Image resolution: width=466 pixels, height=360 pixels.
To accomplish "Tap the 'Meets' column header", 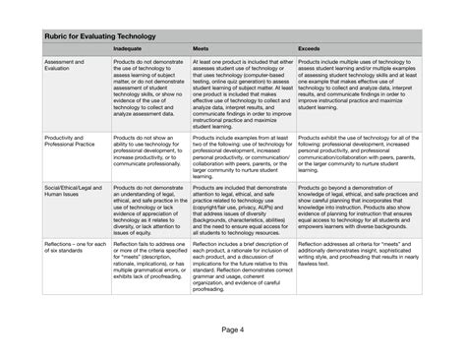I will [x=200, y=48].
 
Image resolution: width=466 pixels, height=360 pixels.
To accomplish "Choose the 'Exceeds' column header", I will [x=308, y=48].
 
